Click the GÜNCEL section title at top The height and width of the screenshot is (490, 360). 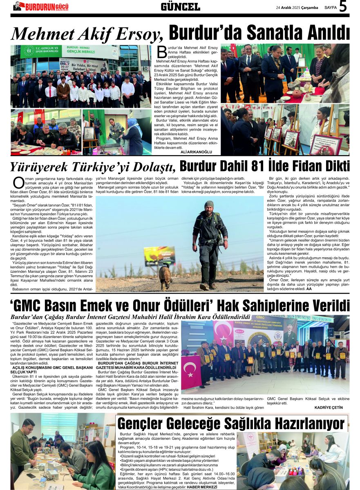[180, 7]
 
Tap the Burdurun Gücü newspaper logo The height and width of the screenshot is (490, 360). [41, 7]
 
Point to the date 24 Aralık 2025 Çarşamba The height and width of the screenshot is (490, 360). [297, 7]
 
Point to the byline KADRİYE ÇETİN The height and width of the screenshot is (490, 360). [329, 407]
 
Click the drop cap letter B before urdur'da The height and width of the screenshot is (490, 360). [162, 51]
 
